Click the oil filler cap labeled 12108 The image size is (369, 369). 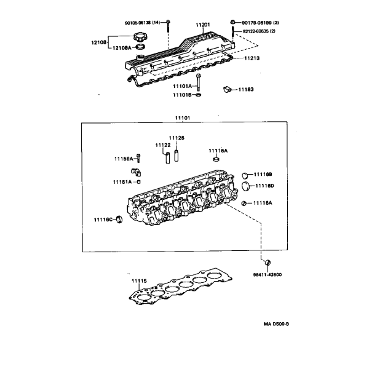[x=140, y=37]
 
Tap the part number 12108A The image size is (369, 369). [x=122, y=48]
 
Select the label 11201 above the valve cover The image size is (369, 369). [x=203, y=25]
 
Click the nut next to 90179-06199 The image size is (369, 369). [x=232, y=22]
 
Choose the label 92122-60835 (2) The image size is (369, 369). [x=259, y=31]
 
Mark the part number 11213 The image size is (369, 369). [x=252, y=58]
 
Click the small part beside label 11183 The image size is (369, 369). [x=227, y=89]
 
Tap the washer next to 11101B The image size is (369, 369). [x=199, y=95]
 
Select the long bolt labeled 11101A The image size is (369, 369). [x=199, y=82]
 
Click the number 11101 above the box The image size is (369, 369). [x=183, y=118]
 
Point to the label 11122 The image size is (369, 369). [x=163, y=145]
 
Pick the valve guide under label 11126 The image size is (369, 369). [x=177, y=156]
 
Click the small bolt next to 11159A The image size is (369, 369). [x=138, y=158]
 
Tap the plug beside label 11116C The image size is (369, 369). [x=119, y=220]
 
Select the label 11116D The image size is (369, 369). [x=264, y=186]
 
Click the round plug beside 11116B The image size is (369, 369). [x=245, y=175]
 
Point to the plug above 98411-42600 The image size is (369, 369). [x=268, y=263]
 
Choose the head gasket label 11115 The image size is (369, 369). [x=139, y=281]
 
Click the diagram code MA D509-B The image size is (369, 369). [x=276, y=324]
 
